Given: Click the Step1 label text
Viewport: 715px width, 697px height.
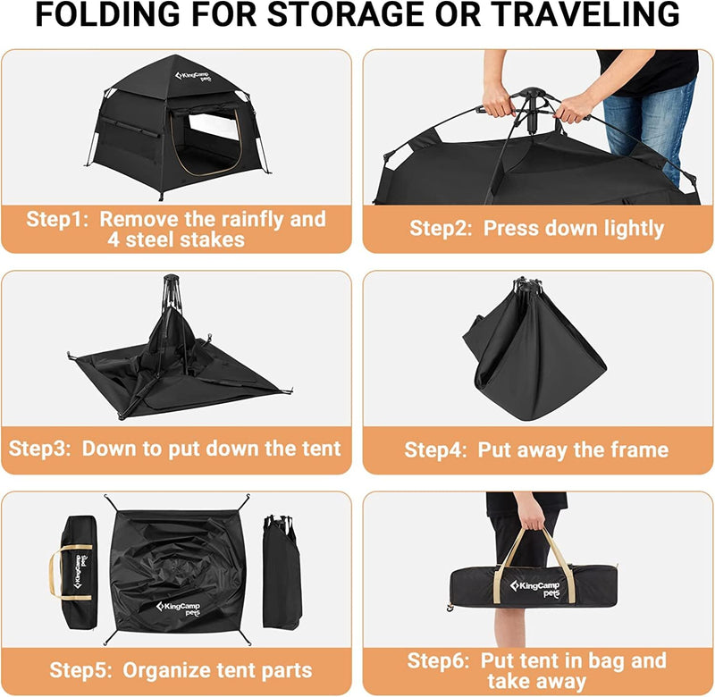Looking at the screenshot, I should tap(58, 220).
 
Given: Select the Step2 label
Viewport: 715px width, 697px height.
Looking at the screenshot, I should tap(442, 229).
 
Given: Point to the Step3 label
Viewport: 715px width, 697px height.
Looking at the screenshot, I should tap(41, 448).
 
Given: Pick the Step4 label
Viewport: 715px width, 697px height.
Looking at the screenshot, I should tap(437, 449).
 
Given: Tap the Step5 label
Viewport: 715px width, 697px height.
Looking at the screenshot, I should tap(81, 670).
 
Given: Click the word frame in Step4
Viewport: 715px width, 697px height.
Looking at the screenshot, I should tap(639, 449).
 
